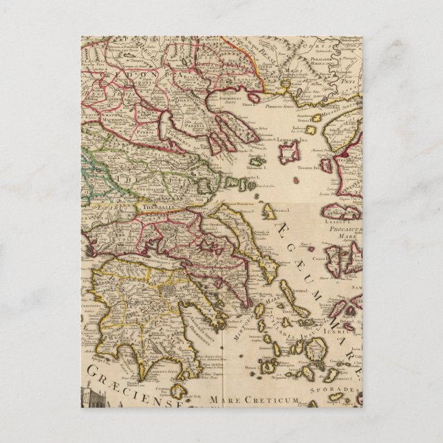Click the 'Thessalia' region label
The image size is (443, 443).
pyautogui.click(x=154, y=204)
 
